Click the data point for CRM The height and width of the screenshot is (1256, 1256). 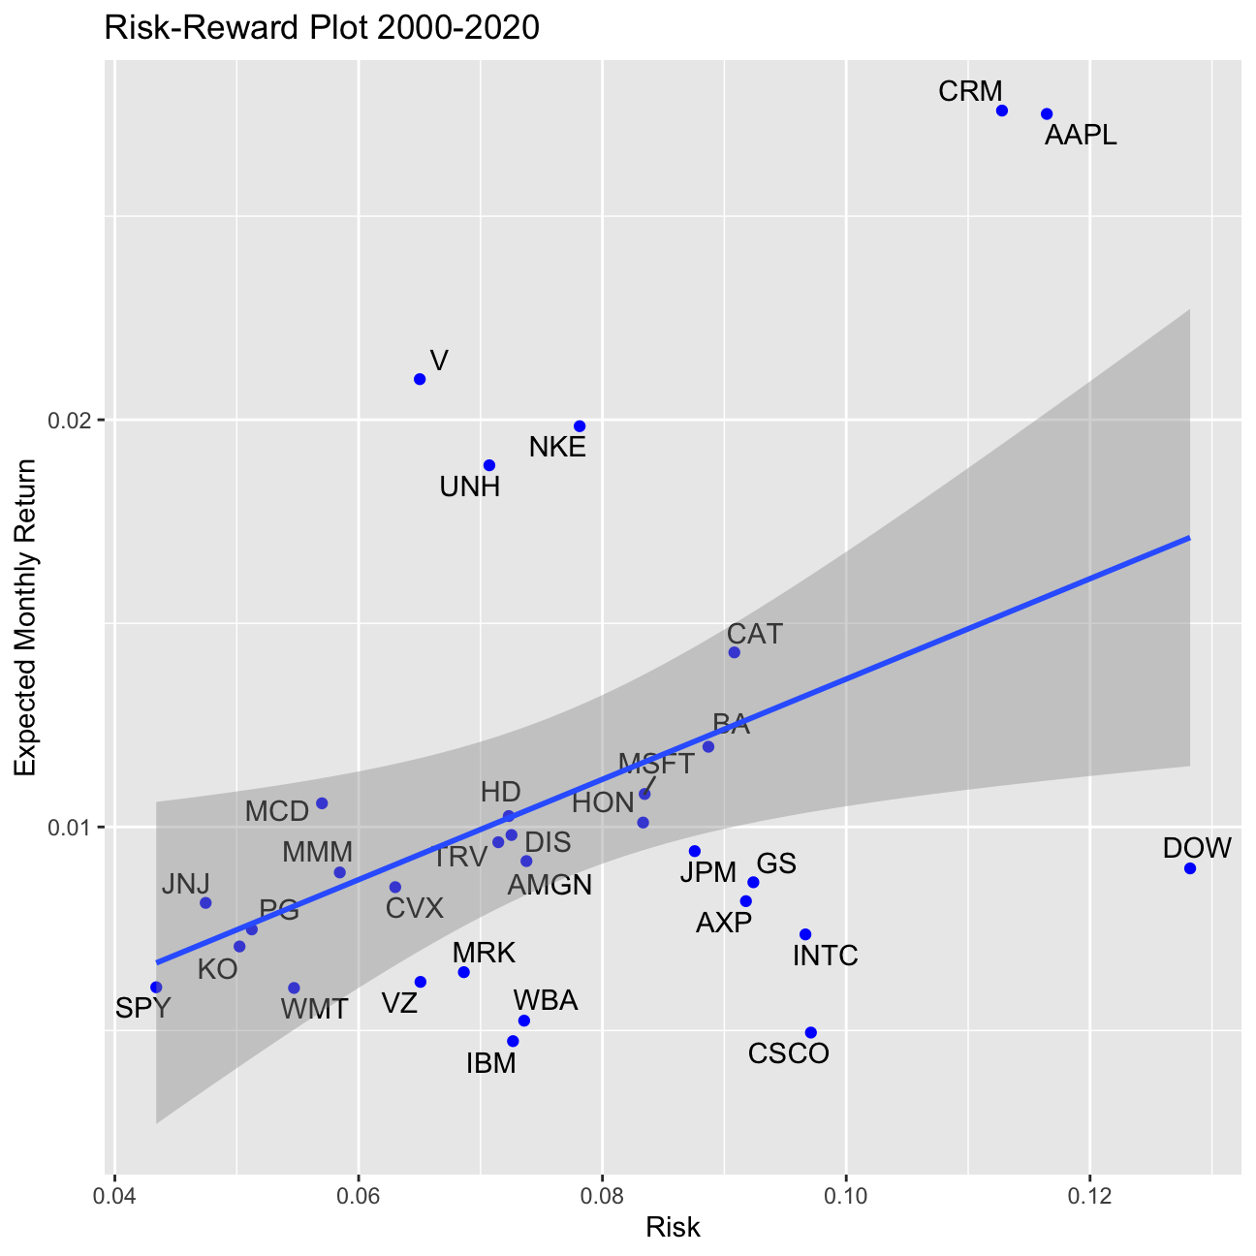click(x=1002, y=110)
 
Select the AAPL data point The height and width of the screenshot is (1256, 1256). click(x=1047, y=114)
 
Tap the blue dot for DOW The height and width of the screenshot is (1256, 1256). click(x=1190, y=868)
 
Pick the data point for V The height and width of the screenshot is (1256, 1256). click(x=420, y=379)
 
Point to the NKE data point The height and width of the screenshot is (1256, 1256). click(x=580, y=426)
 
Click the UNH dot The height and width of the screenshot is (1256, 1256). click(x=489, y=465)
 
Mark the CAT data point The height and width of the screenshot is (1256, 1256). click(x=735, y=652)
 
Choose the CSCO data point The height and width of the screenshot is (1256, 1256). click(x=811, y=1032)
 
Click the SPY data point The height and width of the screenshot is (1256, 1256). click(x=156, y=987)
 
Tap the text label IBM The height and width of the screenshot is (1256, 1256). click(x=491, y=1064)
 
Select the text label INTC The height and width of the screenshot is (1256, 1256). click(x=826, y=957)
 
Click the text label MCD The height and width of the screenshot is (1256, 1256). click(x=277, y=811)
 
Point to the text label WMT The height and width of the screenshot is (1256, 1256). click(x=314, y=1009)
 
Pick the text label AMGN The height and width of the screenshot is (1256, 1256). click(x=549, y=885)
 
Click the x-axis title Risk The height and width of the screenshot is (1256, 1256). click(x=673, y=1228)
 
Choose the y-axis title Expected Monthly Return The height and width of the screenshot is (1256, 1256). click(x=26, y=617)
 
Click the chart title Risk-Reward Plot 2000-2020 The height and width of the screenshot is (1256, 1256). click(x=321, y=29)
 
